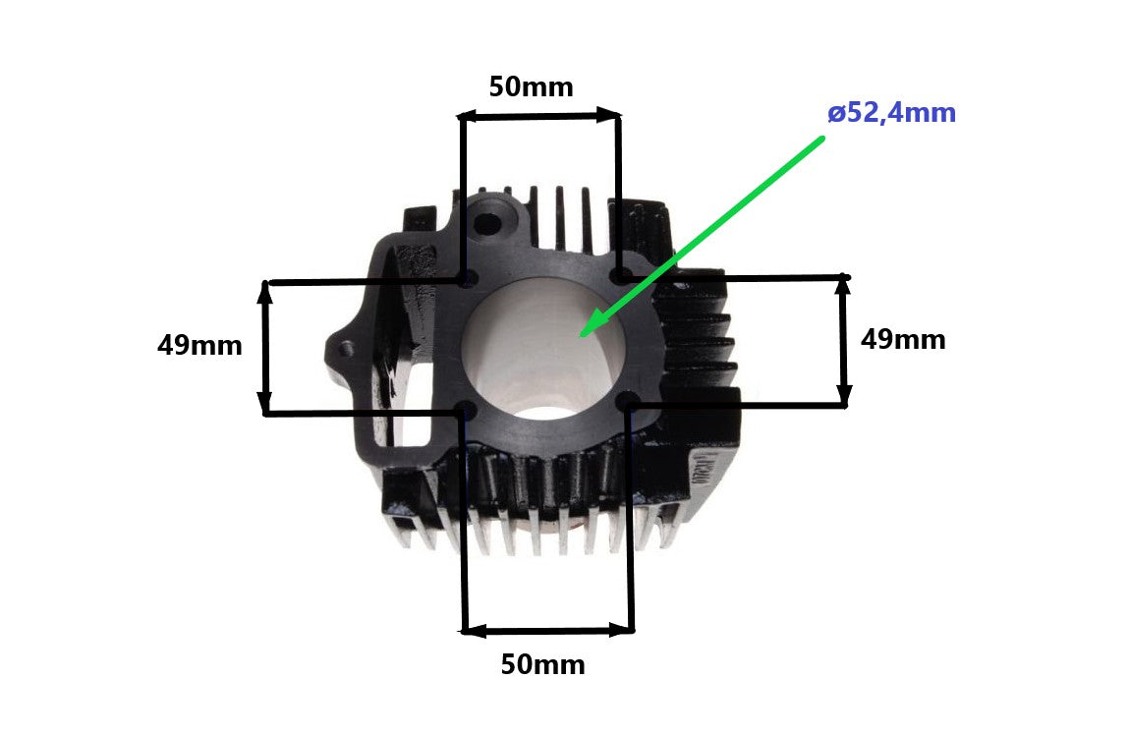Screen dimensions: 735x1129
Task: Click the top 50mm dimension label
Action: [531, 87]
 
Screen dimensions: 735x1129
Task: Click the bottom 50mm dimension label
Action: [542, 665]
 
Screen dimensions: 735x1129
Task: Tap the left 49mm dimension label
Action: [199, 346]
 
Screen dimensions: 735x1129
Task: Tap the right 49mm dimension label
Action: [902, 340]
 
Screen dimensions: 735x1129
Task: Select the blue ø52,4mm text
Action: [891, 114]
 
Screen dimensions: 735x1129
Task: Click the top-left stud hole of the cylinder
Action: [467, 279]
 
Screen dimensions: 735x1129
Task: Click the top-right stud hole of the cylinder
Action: [619, 276]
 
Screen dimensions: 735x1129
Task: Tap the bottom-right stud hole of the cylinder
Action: [629, 401]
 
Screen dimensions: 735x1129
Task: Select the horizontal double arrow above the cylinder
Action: [540, 116]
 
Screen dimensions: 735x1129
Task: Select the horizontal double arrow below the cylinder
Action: [548, 629]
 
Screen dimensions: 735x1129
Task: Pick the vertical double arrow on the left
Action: [264, 347]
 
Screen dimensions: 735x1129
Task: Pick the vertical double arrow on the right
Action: [843, 340]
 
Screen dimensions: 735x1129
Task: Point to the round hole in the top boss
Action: [487, 221]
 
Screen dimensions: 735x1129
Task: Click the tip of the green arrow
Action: [583, 334]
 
